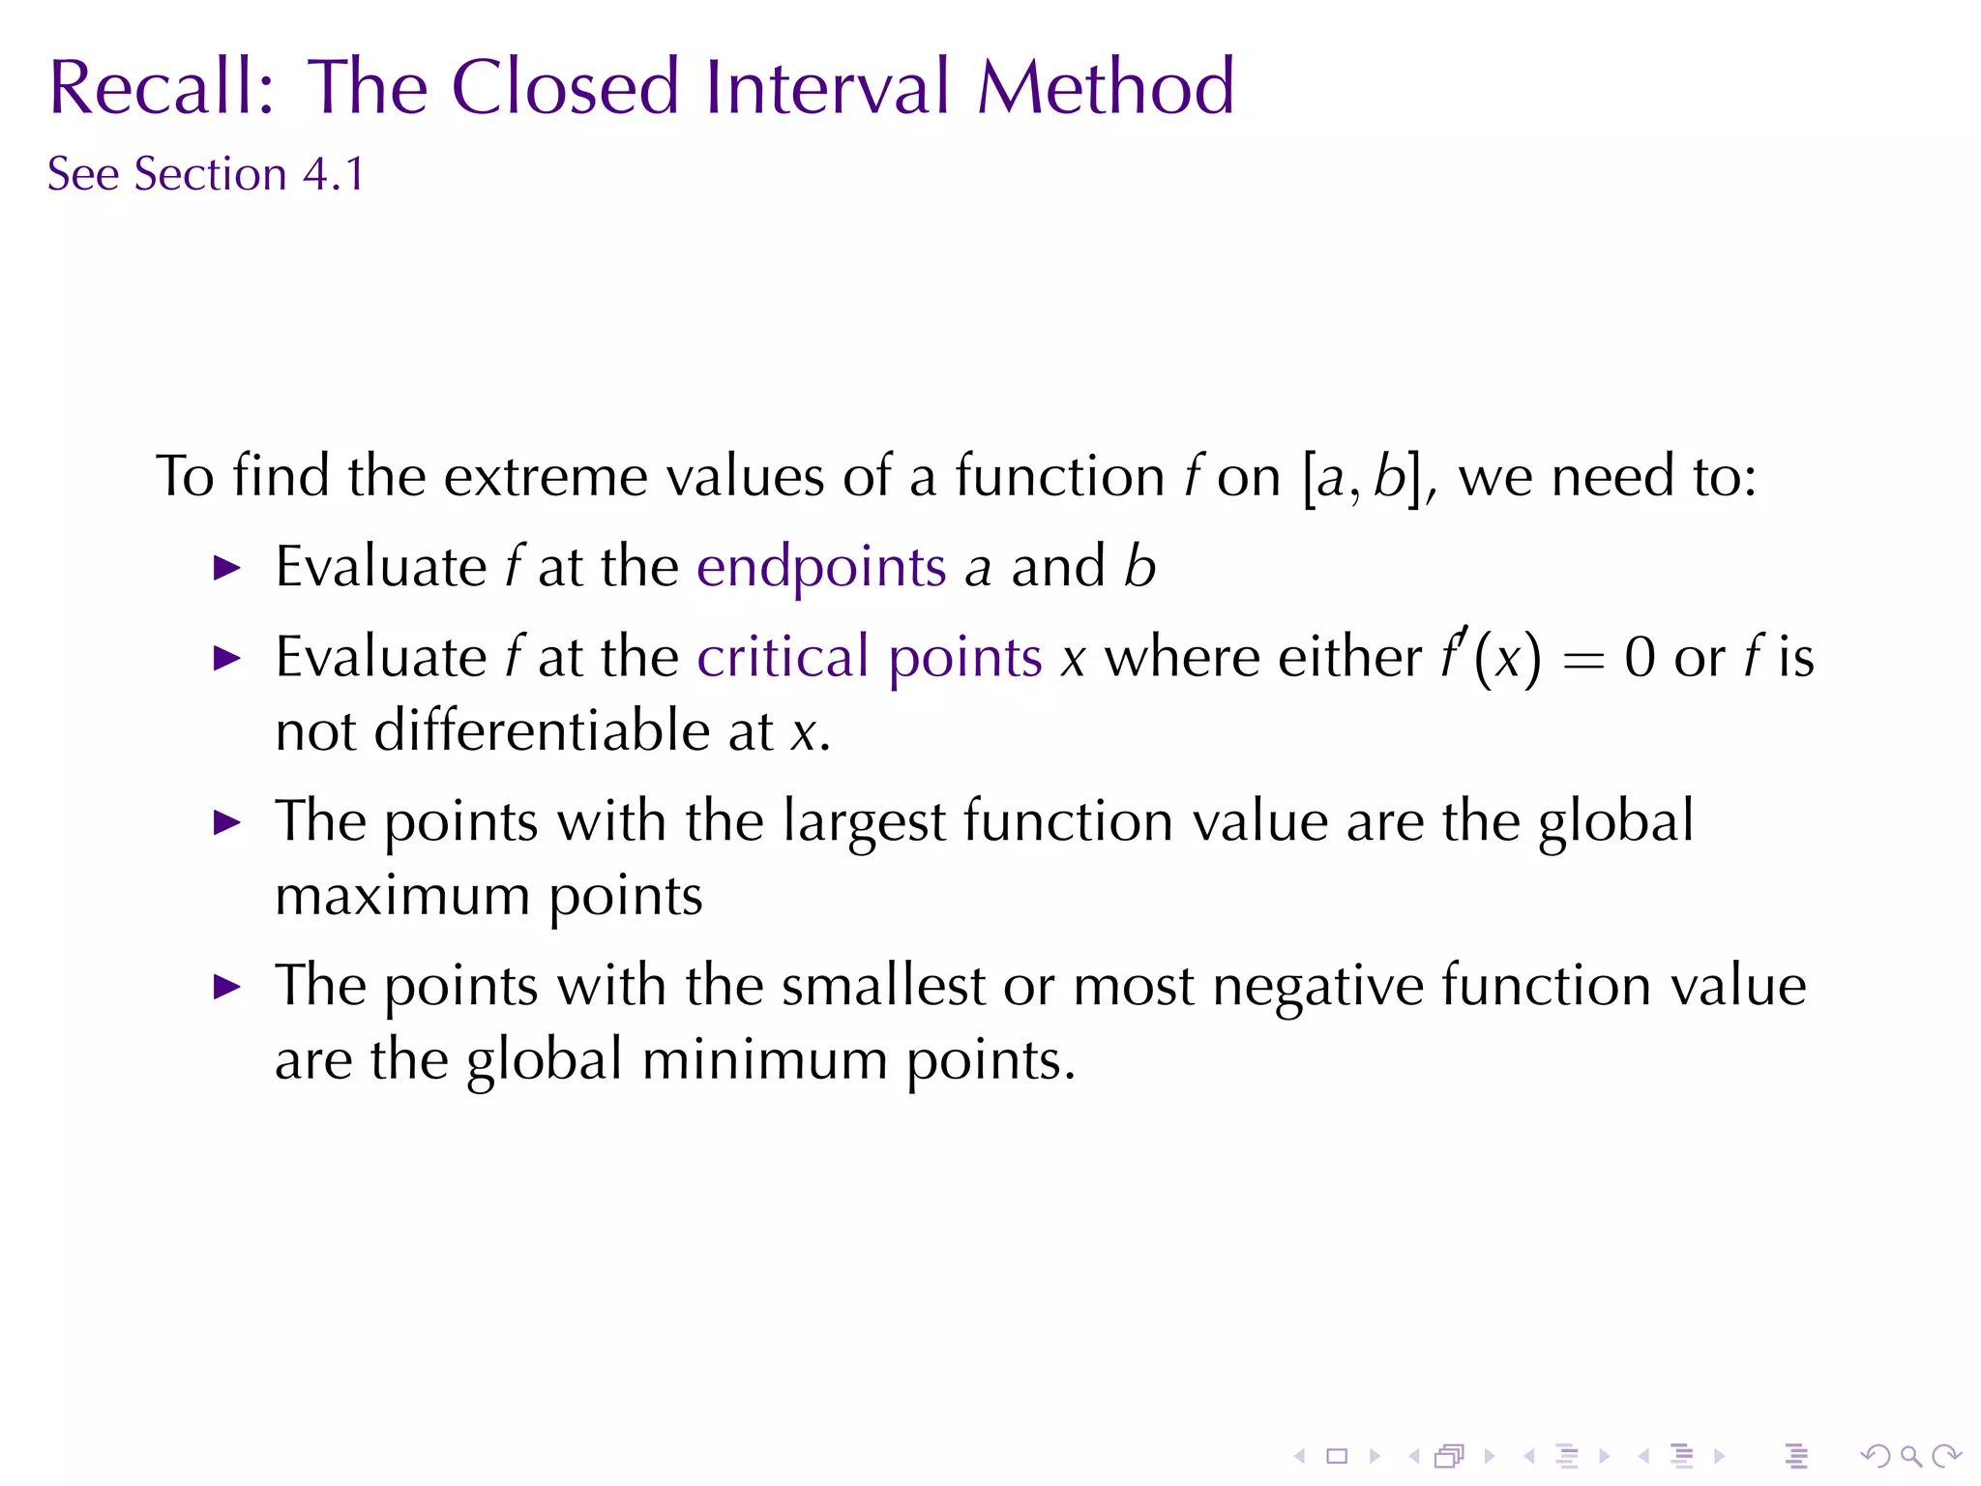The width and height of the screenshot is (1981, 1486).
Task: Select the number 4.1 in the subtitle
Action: [x=334, y=175]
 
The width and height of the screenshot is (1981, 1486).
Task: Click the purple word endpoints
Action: [x=821, y=567]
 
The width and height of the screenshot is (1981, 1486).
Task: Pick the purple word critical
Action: [x=783, y=658]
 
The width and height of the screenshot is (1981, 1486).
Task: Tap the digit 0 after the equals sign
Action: [x=1641, y=658]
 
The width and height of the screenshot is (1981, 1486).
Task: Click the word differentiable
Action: [x=542, y=730]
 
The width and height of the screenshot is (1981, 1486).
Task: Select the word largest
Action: [x=863, y=822]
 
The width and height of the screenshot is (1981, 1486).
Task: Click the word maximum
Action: [x=401, y=896]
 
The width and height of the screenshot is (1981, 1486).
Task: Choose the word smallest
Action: [x=882, y=987]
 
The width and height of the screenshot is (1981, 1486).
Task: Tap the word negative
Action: [x=1316, y=987]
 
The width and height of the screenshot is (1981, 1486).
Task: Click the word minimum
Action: [x=764, y=1060]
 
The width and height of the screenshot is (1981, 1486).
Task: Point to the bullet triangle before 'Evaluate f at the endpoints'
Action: [x=226, y=568]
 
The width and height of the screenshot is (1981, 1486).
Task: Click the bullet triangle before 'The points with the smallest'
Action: [x=226, y=988]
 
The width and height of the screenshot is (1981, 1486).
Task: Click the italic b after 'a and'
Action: [x=1140, y=567]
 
